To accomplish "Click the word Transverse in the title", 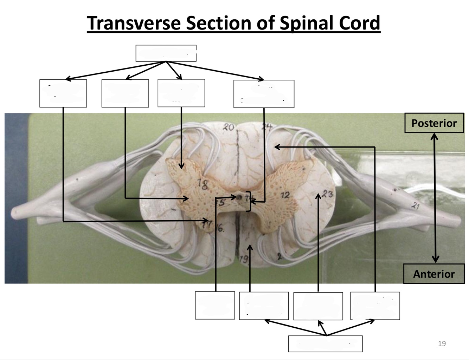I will click(134, 23).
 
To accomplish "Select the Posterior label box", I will click(434, 123).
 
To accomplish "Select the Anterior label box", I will click(434, 274).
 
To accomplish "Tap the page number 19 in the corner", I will click(442, 343).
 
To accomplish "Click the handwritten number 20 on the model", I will click(229, 127).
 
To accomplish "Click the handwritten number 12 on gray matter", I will click(285, 195).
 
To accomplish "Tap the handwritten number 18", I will click(203, 184).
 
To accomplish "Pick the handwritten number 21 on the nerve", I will click(416, 206).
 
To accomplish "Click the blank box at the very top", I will click(166, 53).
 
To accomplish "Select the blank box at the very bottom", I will click(325, 343).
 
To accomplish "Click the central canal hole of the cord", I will click(239, 197).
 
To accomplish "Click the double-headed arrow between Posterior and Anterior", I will click(435, 198).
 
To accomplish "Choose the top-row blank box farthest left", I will click(63, 93).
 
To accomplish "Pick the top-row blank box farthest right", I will click(264, 94).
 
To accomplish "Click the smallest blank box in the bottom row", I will click(215, 305).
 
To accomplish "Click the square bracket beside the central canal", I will click(249, 201).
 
